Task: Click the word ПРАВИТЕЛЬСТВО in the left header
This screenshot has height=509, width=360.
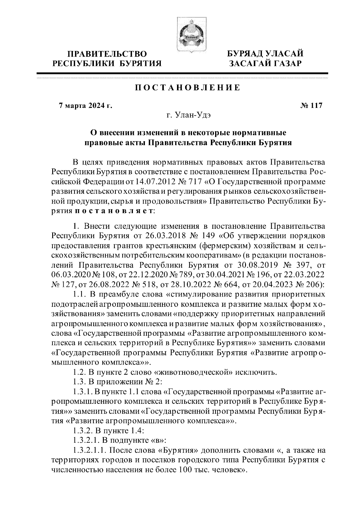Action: [107, 54]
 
